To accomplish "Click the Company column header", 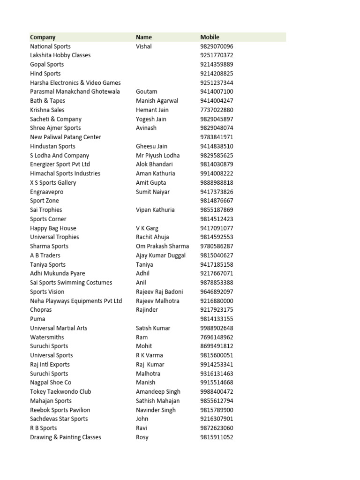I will (43, 37).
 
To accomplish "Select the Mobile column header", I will (210, 37).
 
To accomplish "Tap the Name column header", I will (144, 37).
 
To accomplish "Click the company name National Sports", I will (50, 46).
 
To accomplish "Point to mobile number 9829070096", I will (217, 46).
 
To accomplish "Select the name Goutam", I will (146, 91).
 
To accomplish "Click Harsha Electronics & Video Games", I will (75, 82).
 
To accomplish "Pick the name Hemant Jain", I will (152, 110).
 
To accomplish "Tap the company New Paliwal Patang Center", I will (66, 137).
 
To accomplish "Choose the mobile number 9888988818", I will (217, 183).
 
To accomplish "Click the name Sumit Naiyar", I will (153, 192).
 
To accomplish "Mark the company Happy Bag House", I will (53, 228).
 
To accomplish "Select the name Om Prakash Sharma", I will (162, 246).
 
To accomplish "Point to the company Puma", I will (37, 319).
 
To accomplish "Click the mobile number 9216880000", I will (217, 301).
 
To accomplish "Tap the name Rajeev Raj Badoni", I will (159, 292).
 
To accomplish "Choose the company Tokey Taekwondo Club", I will (60, 391).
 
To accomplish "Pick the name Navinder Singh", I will (156, 410).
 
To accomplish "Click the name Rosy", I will (142, 437).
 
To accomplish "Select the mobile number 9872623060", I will (217, 428).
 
